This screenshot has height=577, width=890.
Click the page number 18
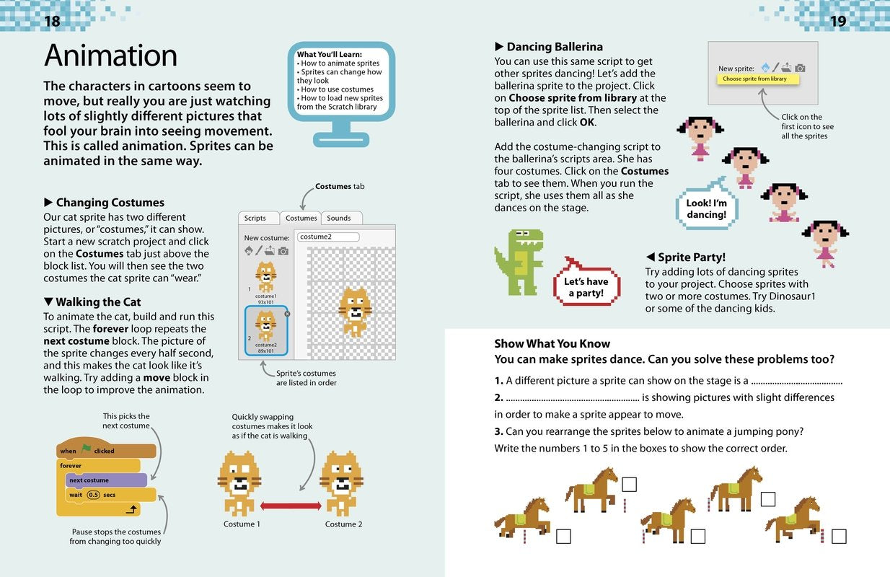[52, 21]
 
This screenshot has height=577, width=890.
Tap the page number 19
[837, 21]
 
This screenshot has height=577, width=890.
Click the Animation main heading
[110, 56]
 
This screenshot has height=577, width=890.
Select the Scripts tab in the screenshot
[255, 218]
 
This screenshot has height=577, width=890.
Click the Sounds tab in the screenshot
[339, 218]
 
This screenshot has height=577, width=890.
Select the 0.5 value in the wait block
[94, 495]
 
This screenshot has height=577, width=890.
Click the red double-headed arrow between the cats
[291, 506]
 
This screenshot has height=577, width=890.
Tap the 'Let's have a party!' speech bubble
[586, 286]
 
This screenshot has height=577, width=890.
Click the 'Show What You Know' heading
[552, 344]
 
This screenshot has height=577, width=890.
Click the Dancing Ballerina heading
[554, 48]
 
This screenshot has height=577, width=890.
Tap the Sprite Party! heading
[691, 257]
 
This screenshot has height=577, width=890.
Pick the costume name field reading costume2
[328, 237]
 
